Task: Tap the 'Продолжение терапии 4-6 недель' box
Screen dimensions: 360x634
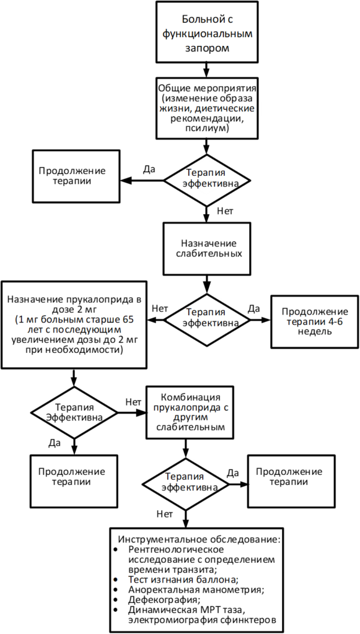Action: pyautogui.click(x=315, y=322)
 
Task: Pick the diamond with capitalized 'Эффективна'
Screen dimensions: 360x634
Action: pyautogui.click(x=74, y=412)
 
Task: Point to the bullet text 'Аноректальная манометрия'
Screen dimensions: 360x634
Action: pyautogui.click(x=195, y=589)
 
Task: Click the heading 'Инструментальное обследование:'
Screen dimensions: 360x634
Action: pyautogui.click(x=197, y=540)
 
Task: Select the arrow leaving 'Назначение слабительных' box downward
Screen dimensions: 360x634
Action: pyautogui.click(x=207, y=285)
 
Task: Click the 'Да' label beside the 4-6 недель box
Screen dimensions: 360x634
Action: pyautogui.click(x=253, y=309)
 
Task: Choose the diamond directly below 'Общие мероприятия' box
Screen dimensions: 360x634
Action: pyautogui.click(x=207, y=181)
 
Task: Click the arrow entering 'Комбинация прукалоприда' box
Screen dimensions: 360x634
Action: pyautogui.click(x=132, y=413)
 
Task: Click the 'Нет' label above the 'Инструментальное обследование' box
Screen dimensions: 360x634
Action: pyautogui.click(x=165, y=515)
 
